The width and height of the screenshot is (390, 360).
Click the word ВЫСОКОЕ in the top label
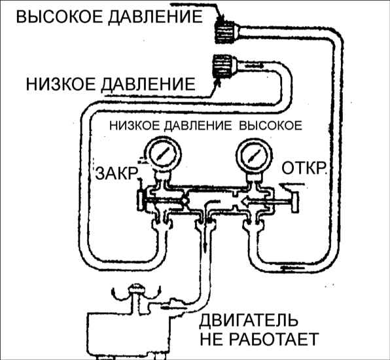coord(60,17)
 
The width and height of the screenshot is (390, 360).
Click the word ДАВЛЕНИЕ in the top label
coord(156,17)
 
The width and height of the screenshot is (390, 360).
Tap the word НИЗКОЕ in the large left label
coord(61,84)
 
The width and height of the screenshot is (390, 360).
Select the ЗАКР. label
coord(116,173)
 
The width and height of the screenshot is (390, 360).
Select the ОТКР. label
coord(304,168)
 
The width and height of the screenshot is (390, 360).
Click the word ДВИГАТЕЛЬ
coord(249,321)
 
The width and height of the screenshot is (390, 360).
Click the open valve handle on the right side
coord(295,202)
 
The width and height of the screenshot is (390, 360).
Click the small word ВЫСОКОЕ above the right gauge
coord(271,126)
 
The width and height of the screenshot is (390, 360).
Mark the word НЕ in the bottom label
coord(211,339)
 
